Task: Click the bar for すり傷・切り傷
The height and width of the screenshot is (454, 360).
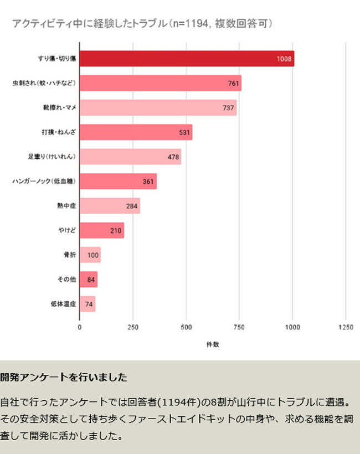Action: pos(187,59)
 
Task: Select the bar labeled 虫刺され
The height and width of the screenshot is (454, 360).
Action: pos(161,83)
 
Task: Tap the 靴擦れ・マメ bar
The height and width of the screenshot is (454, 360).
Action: pos(158,107)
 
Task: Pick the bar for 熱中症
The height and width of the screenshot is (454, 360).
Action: pos(110,206)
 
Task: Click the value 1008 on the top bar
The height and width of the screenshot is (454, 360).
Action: pos(284,59)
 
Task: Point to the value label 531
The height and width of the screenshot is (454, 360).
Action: pos(184,132)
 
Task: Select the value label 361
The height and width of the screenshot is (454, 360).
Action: pos(148,182)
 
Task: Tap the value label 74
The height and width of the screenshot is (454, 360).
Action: pos(89,304)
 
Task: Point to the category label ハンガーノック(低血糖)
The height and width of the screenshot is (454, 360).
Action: pos(44,182)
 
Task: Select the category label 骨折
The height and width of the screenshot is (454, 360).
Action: pos(69,255)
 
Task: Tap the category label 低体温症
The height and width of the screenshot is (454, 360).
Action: pos(63,304)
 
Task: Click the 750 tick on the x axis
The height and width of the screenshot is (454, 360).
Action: pos(239,327)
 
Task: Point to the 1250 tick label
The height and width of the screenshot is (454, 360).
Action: pos(346,327)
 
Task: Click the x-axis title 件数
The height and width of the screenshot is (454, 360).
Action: pos(213,344)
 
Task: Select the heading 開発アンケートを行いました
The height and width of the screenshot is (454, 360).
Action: pos(64,378)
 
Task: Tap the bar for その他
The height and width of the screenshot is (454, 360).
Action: pos(89,280)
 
